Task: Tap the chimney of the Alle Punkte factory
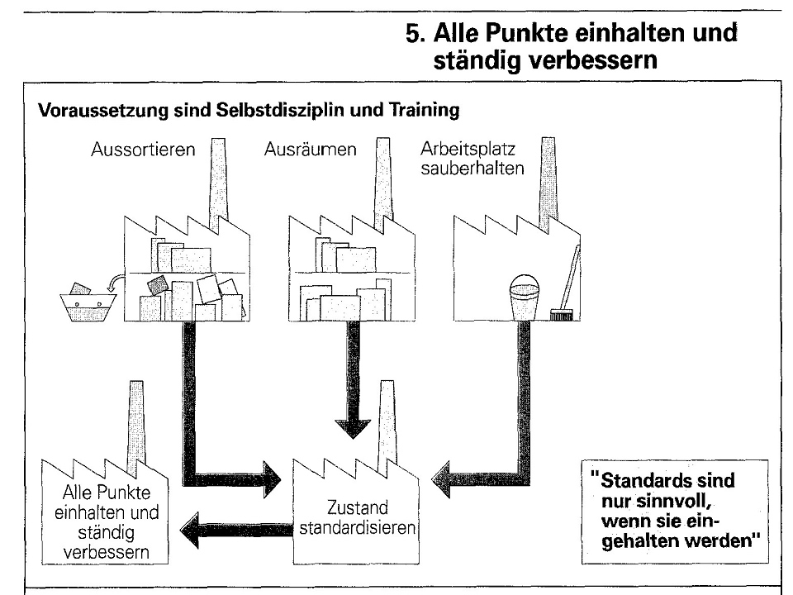coord(136,421)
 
